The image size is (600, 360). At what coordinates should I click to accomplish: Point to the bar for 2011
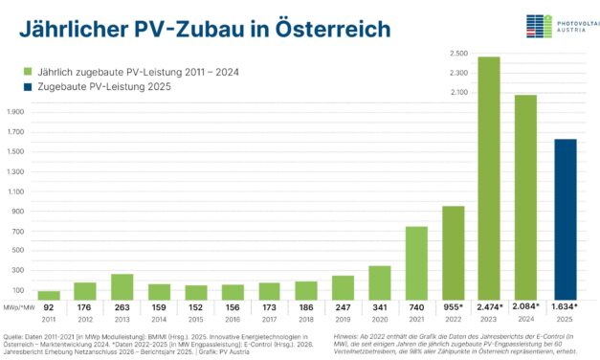[x=48, y=295]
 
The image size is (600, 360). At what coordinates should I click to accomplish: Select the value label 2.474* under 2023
[x=489, y=305]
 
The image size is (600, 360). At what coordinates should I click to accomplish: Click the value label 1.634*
[x=564, y=305]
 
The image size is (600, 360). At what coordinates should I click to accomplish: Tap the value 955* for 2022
[x=452, y=305]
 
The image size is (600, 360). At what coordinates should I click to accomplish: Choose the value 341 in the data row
[x=379, y=305]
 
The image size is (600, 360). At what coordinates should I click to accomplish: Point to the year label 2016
[x=232, y=318]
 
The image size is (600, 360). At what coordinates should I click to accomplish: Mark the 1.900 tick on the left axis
[x=16, y=112]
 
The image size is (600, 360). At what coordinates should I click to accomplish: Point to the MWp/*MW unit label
[x=19, y=305]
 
